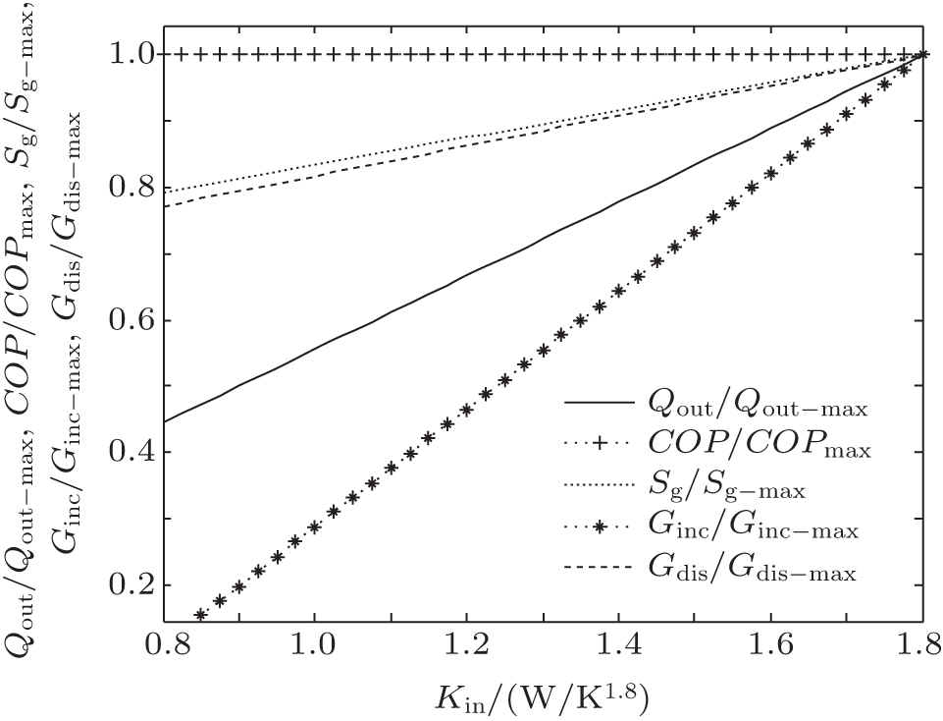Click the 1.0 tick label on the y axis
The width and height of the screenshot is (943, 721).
coord(126,54)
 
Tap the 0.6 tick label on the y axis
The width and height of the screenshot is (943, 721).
coord(126,320)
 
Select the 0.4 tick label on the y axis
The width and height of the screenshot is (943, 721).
coord(126,453)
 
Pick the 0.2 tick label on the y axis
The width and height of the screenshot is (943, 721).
coord(126,585)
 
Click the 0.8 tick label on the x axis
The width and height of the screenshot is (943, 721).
coord(162,646)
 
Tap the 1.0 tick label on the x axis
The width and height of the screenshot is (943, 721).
coord(314,646)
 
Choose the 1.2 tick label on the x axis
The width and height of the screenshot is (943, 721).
coord(466,646)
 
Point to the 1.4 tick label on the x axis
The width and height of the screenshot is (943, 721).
coord(618,646)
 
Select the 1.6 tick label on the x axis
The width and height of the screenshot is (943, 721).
coord(770,646)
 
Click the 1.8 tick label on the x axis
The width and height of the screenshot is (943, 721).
coord(921,646)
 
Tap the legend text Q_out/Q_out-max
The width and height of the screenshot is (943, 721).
coord(755,405)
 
